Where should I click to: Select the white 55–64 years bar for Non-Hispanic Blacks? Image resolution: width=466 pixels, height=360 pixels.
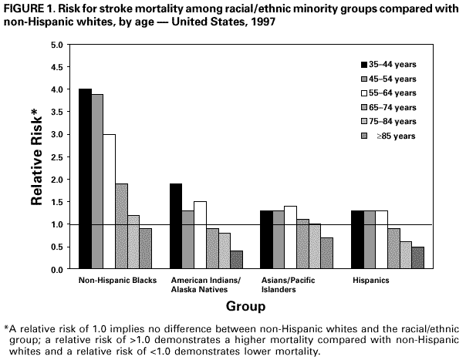pyautogui.click(x=110, y=201)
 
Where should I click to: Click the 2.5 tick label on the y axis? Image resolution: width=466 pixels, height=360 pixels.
pyautogui.click(x=56, y=157)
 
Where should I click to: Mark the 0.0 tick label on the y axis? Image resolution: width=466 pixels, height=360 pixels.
pyautogui.click(x=56, y=270)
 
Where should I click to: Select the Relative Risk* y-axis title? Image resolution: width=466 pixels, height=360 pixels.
pyautogui.click(x=35, y=159)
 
